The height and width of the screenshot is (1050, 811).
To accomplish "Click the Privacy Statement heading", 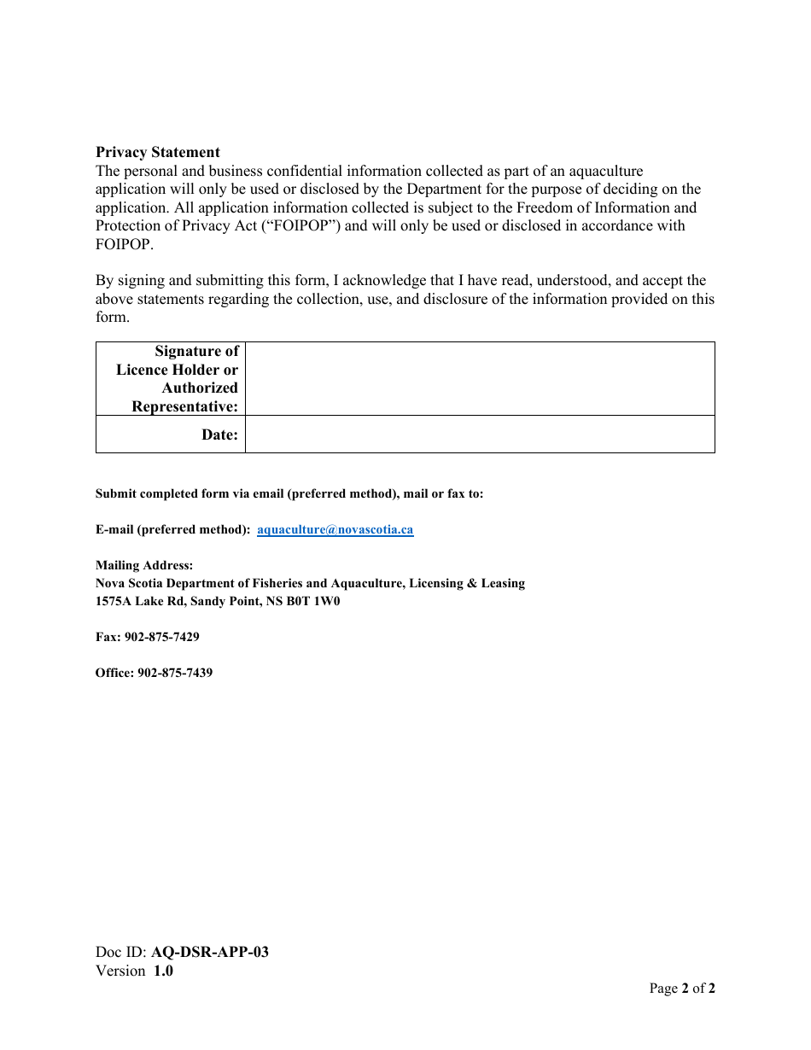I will click(158, 153).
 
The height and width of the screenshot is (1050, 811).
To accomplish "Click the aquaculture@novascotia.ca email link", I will click(335, 529).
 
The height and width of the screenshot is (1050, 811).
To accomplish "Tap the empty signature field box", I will click(479, 378).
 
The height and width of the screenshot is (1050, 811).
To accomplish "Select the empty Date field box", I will click(479, 434).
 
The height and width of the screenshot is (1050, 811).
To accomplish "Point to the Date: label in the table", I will click(219, 435).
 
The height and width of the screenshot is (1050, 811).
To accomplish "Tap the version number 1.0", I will click(163, 971).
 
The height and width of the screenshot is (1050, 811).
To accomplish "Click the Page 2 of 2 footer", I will click(682, 989).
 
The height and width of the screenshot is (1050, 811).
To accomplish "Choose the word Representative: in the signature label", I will click(184, 406).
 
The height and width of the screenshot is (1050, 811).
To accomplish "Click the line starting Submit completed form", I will click(289, 493).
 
